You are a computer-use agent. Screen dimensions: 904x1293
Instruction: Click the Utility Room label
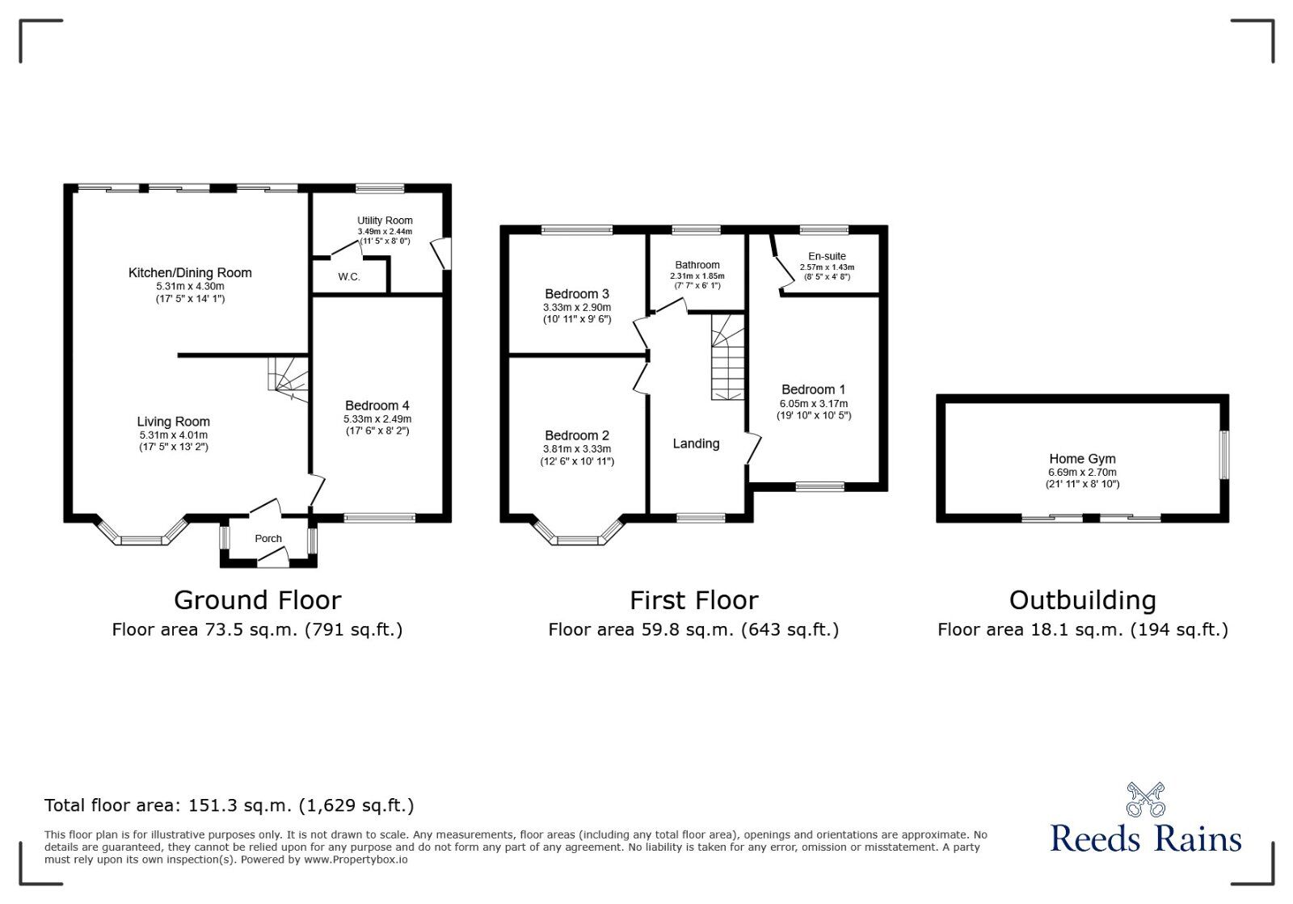pos(385,221)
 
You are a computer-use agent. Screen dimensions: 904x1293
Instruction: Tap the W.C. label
pos(349,277)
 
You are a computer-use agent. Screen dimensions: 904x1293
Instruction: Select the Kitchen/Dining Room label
pos(190,273)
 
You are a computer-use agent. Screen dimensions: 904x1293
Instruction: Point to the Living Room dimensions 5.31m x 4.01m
pos(174,435)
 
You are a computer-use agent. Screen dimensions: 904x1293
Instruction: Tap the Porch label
pos(268,539)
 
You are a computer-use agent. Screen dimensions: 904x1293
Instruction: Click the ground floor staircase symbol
pos(289,376)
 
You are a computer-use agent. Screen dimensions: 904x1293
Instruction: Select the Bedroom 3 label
pos(577,294)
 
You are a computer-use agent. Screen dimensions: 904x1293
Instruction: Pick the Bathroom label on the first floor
pos(697,265)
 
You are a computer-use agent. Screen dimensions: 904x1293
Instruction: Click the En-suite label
pos(827,256)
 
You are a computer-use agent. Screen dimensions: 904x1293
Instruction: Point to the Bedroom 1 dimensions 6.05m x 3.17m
pos(814,404)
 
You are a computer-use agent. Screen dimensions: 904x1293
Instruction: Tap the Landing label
pos(696,444)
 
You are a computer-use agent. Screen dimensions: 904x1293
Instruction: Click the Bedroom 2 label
pos(577,435)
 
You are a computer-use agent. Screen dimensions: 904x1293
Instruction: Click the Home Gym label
pos(1082,459)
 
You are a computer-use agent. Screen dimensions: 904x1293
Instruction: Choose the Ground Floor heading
pos(258,600)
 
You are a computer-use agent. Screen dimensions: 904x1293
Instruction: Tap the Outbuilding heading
pos(1082,600)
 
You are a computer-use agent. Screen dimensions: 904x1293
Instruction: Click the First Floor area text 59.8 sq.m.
pos(693,629)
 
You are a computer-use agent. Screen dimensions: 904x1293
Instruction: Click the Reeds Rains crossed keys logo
pos(1145,799)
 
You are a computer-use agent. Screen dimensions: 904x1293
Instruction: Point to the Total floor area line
pos(229,805)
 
